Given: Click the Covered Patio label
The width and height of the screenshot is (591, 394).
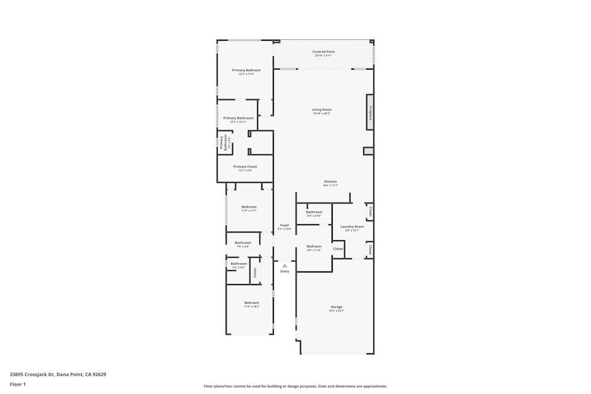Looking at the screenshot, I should (x=323, y=52).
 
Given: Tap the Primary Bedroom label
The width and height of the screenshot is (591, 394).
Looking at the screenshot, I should (x=246, y=70).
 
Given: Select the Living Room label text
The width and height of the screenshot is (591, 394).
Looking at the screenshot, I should (x=321, y=110).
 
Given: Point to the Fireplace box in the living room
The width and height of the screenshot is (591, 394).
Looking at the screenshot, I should (x=371, y=112).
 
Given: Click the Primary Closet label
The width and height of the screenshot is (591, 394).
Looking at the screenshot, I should (x=245, y=166).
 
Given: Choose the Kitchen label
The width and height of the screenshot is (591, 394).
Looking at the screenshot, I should (x=330, y=181).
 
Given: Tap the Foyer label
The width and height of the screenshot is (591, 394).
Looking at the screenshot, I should (x=285, y=225).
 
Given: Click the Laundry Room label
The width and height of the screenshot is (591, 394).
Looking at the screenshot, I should (x=352, y=226).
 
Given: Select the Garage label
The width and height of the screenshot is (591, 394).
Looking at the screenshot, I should (x=336, y=307).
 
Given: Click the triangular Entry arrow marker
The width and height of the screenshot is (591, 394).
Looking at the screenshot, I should (x=285, y=265).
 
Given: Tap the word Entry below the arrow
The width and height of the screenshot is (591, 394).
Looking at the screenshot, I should (x=285, y=271).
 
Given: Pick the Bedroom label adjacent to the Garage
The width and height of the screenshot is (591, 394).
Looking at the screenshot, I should (x=314, y=246).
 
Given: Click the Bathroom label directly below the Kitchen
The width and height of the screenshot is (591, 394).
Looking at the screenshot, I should (x=314, y=212).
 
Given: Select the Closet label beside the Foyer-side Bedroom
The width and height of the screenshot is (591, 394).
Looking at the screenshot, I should (x=338, y=249).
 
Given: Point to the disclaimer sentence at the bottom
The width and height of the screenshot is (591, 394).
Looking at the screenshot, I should (x=295, y=386).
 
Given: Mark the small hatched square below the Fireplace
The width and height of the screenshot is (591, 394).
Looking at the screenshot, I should (x=368, y=151).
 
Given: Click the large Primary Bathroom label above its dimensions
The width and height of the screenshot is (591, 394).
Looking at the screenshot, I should (x=238, y=118).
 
